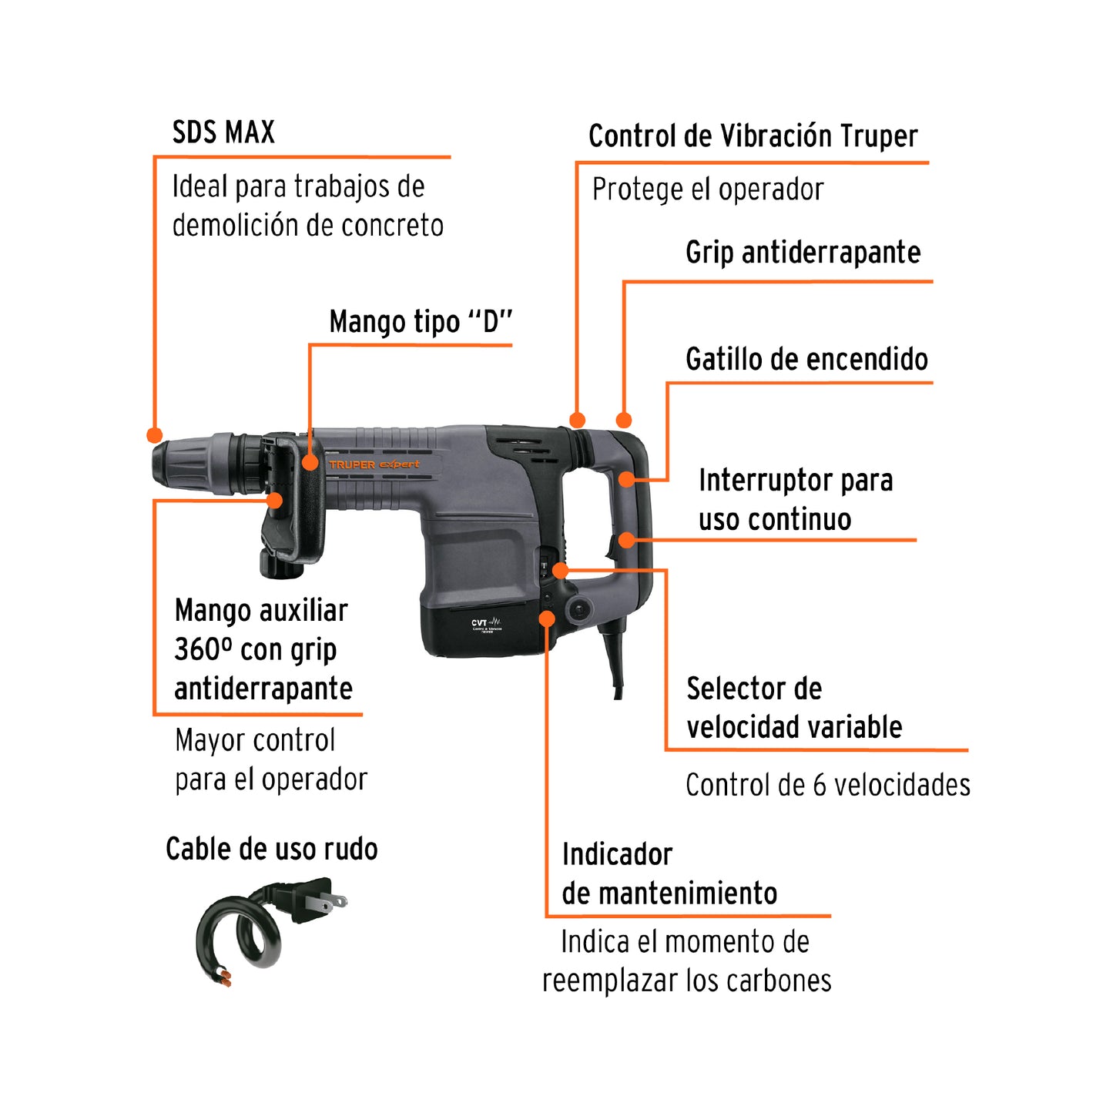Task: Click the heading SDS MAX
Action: pos(223,132)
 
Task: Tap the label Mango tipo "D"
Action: pos(421,322)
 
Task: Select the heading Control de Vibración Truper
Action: pos(753,136)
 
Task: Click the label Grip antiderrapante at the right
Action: pos(803,253)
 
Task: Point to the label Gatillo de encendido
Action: pos(806,360)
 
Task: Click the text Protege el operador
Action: pos(708,189)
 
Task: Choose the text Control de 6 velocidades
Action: pos(827,786)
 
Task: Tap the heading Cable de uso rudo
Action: pos(271,849)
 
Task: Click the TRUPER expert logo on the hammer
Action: pos(374,464)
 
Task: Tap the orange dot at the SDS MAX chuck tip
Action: pos(154,435)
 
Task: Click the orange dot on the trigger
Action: pos(627,480)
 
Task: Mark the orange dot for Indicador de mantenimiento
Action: pos(547,618)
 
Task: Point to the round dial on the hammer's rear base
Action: pos(578,609)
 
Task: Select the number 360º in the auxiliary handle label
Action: pos(203,649)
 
